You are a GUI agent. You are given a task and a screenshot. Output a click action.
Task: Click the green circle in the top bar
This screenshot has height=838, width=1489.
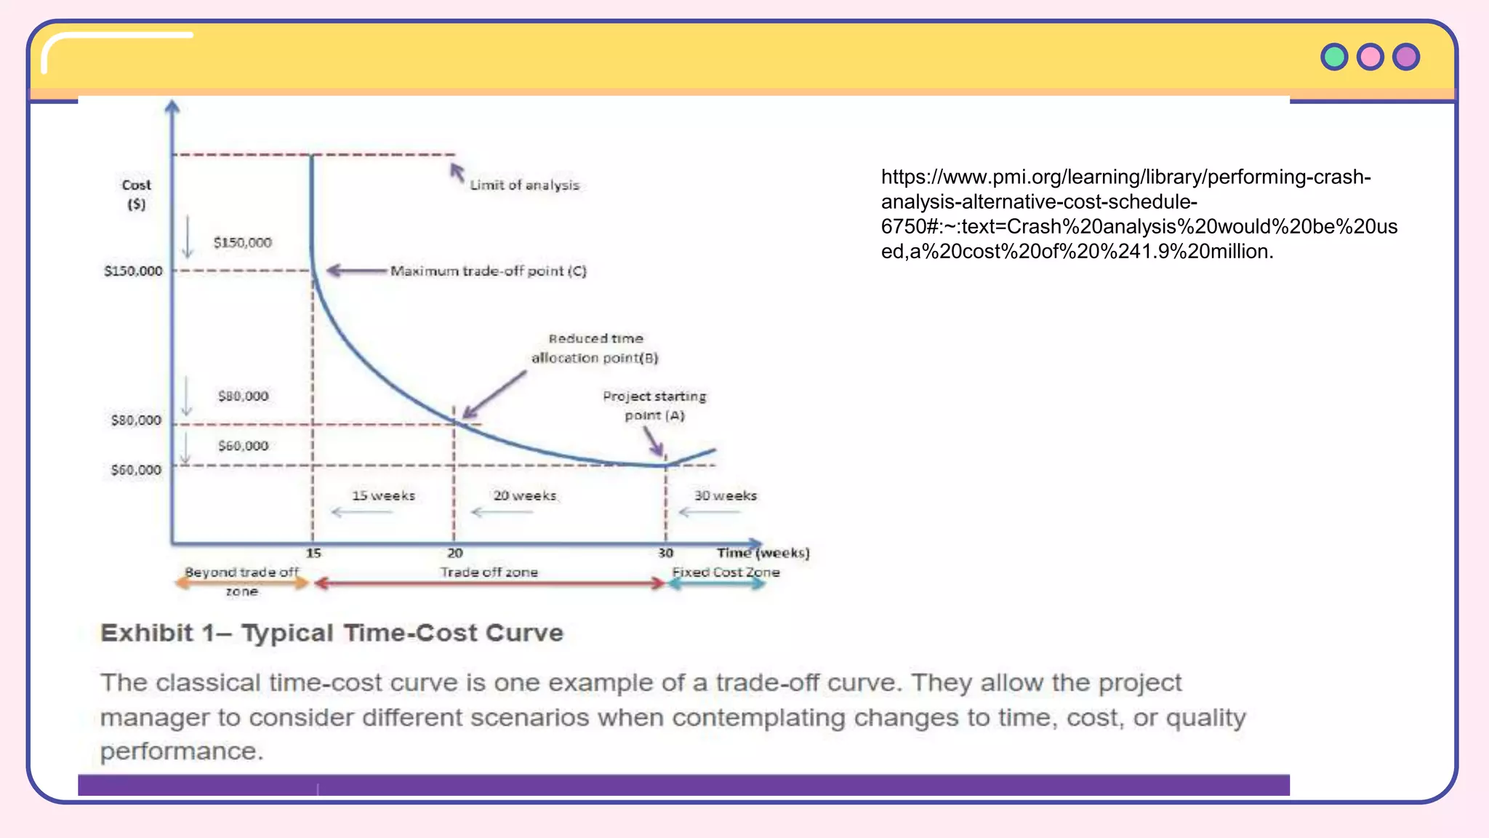click(x=1334, y=57)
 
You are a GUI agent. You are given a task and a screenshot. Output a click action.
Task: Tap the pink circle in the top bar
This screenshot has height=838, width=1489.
click(x=1370, y=57)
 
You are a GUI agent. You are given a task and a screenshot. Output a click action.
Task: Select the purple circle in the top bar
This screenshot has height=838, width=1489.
click(x=1406, y=57)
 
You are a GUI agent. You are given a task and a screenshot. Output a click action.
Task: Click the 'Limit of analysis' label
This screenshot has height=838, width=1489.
click(x=524, y=185)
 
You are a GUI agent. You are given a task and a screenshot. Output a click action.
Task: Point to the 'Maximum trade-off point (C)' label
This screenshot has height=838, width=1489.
click(x=488, y=271)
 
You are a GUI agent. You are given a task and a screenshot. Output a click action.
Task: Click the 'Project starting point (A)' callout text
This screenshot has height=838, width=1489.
click(x=654, y=405)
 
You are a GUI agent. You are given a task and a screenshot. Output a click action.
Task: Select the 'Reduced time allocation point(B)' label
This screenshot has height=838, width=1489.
click(x=595, y=348)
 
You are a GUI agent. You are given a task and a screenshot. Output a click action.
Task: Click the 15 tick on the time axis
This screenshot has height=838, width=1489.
click(x=313, y=553)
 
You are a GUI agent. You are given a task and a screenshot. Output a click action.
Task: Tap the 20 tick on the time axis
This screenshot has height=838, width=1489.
click(x=454, y=553)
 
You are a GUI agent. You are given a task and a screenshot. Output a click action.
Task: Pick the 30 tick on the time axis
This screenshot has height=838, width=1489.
click(x=665, y=553)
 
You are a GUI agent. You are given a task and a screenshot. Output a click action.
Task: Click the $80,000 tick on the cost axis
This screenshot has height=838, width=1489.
click(x=136, y=420)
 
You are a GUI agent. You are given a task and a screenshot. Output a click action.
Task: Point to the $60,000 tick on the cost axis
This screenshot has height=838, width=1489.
click(x=136, y=470)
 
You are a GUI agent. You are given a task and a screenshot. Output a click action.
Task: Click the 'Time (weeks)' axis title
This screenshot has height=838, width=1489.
click(x=763, y=553)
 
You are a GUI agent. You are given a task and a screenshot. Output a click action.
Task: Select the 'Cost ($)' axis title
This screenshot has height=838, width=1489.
click(x=136, y=194)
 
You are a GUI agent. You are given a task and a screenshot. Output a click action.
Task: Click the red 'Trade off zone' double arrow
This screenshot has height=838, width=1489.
click(x=489, y=583)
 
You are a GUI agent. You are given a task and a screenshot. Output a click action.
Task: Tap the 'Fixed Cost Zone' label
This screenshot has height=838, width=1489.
click(x=726, y=572)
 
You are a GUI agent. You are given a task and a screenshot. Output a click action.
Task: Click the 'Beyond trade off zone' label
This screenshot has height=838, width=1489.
click(x=241, y=581)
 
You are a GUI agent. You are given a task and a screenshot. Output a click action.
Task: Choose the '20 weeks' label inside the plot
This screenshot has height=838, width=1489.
click(x=524, y=495)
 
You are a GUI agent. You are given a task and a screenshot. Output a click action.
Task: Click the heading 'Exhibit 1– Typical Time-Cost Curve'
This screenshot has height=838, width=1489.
click(x=332, y=633)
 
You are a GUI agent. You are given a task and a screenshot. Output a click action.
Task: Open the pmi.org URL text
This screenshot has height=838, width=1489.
click(x=1138, y=214)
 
